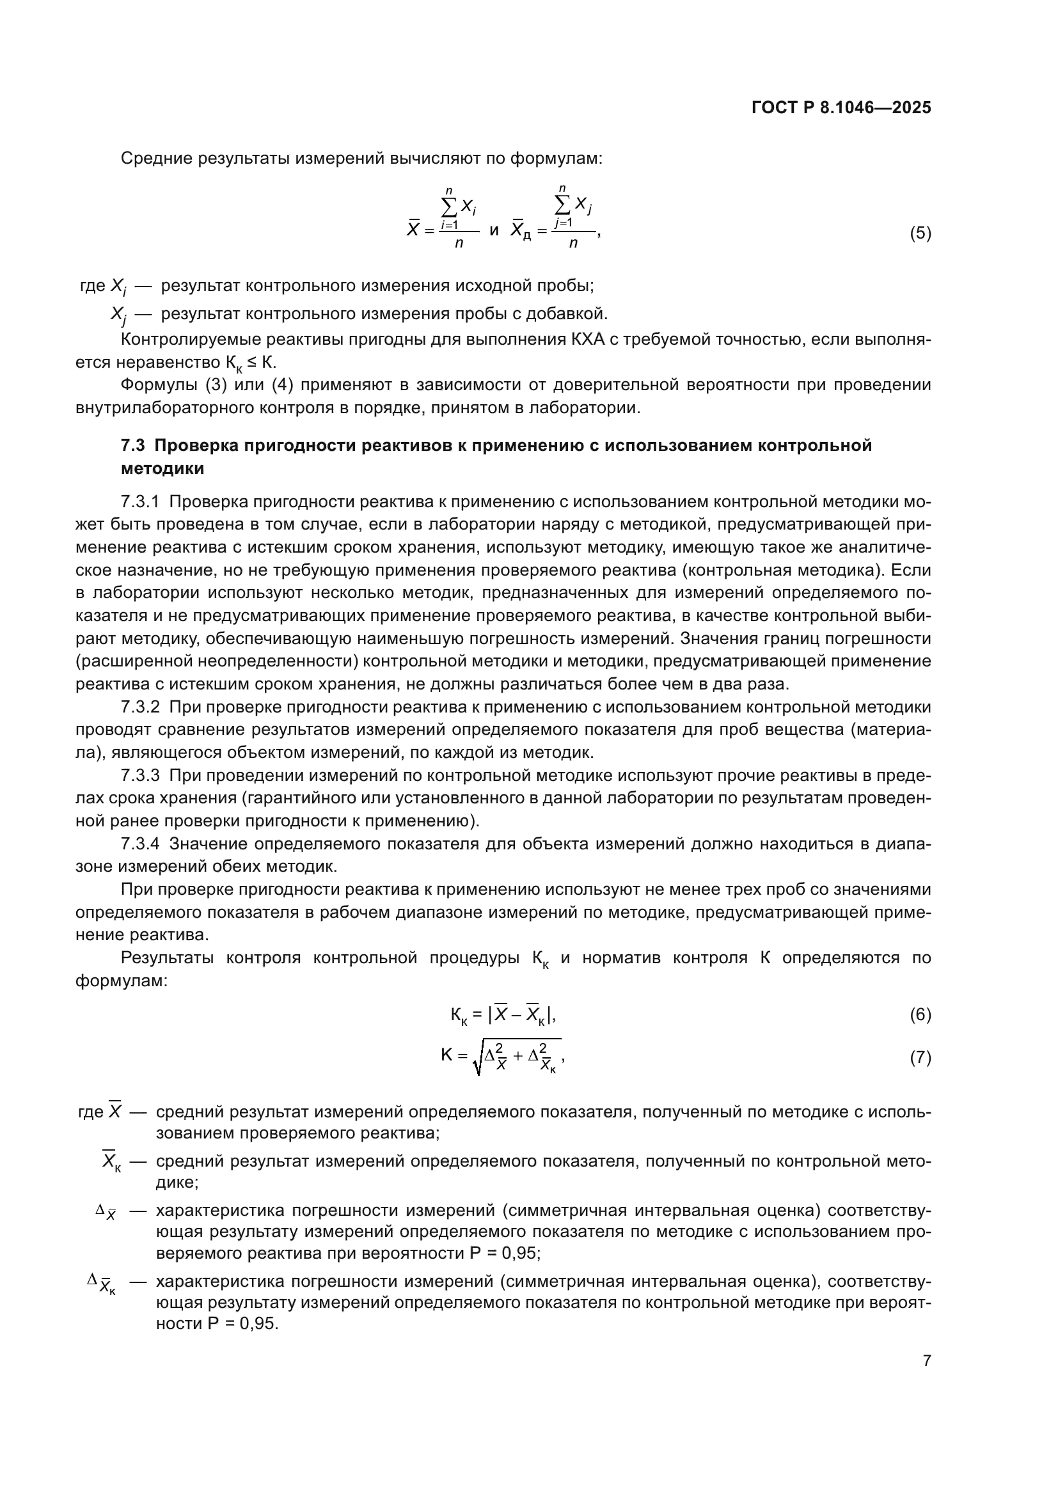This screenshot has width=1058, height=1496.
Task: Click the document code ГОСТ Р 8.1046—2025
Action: pyautogui.click(x=841, y=107)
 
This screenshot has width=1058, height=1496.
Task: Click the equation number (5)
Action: pyautogui.click(x=920, y=233)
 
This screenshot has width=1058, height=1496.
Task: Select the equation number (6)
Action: pyautogui.click(x=920, y=1014)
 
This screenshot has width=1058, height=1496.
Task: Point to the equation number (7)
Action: pyautogui.click(x=920, y=1057)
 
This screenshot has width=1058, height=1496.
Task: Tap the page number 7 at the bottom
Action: pyautogui.click(x=926, y=1360)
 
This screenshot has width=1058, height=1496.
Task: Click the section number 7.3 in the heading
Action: pyautogui.click(x=133, y=446)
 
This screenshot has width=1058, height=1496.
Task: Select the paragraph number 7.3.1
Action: pyautogui.click(x=140, y=501)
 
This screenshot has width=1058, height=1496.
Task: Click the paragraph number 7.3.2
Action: pyautogui.click(x=140, y=707)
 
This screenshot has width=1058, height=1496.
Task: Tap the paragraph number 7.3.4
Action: pyautogui.click(x=140, y=844)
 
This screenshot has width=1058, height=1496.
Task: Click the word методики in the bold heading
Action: pyautogui.click(x=162, y=468)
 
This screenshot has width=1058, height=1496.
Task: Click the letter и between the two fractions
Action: pyautogui.click(x=494, y=230)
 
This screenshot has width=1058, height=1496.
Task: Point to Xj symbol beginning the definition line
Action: pyautogui.click(x=118, y=315)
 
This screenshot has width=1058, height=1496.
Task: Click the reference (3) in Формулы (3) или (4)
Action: pyautogui.click(x=216, y=385)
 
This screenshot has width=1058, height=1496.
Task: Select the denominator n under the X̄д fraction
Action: pyautogui.click(x=572, y=244)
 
